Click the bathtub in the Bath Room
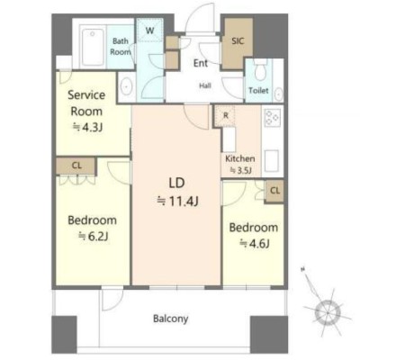[x=93, y=47]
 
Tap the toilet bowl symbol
[x=260, y=70]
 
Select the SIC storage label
[x=238, y=41]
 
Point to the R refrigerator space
[x=225, y=115]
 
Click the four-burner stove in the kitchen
[x=273, y=118]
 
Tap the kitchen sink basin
[x=272, y=161]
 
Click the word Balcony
[x=171, y=319]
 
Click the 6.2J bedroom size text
[x=93, y=237]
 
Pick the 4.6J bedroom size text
[x=255, y=243]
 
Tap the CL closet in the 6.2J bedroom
[x=76, y=166]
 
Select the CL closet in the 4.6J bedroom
[x=274, y=191]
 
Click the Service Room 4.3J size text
[x=88, y=128]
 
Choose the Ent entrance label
[x=201, y=63]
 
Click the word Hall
[x=205, y=85]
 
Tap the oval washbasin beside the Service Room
[x=127, y=86]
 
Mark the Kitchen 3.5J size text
[x=240, y=171]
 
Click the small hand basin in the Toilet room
[x=279, y=94]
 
